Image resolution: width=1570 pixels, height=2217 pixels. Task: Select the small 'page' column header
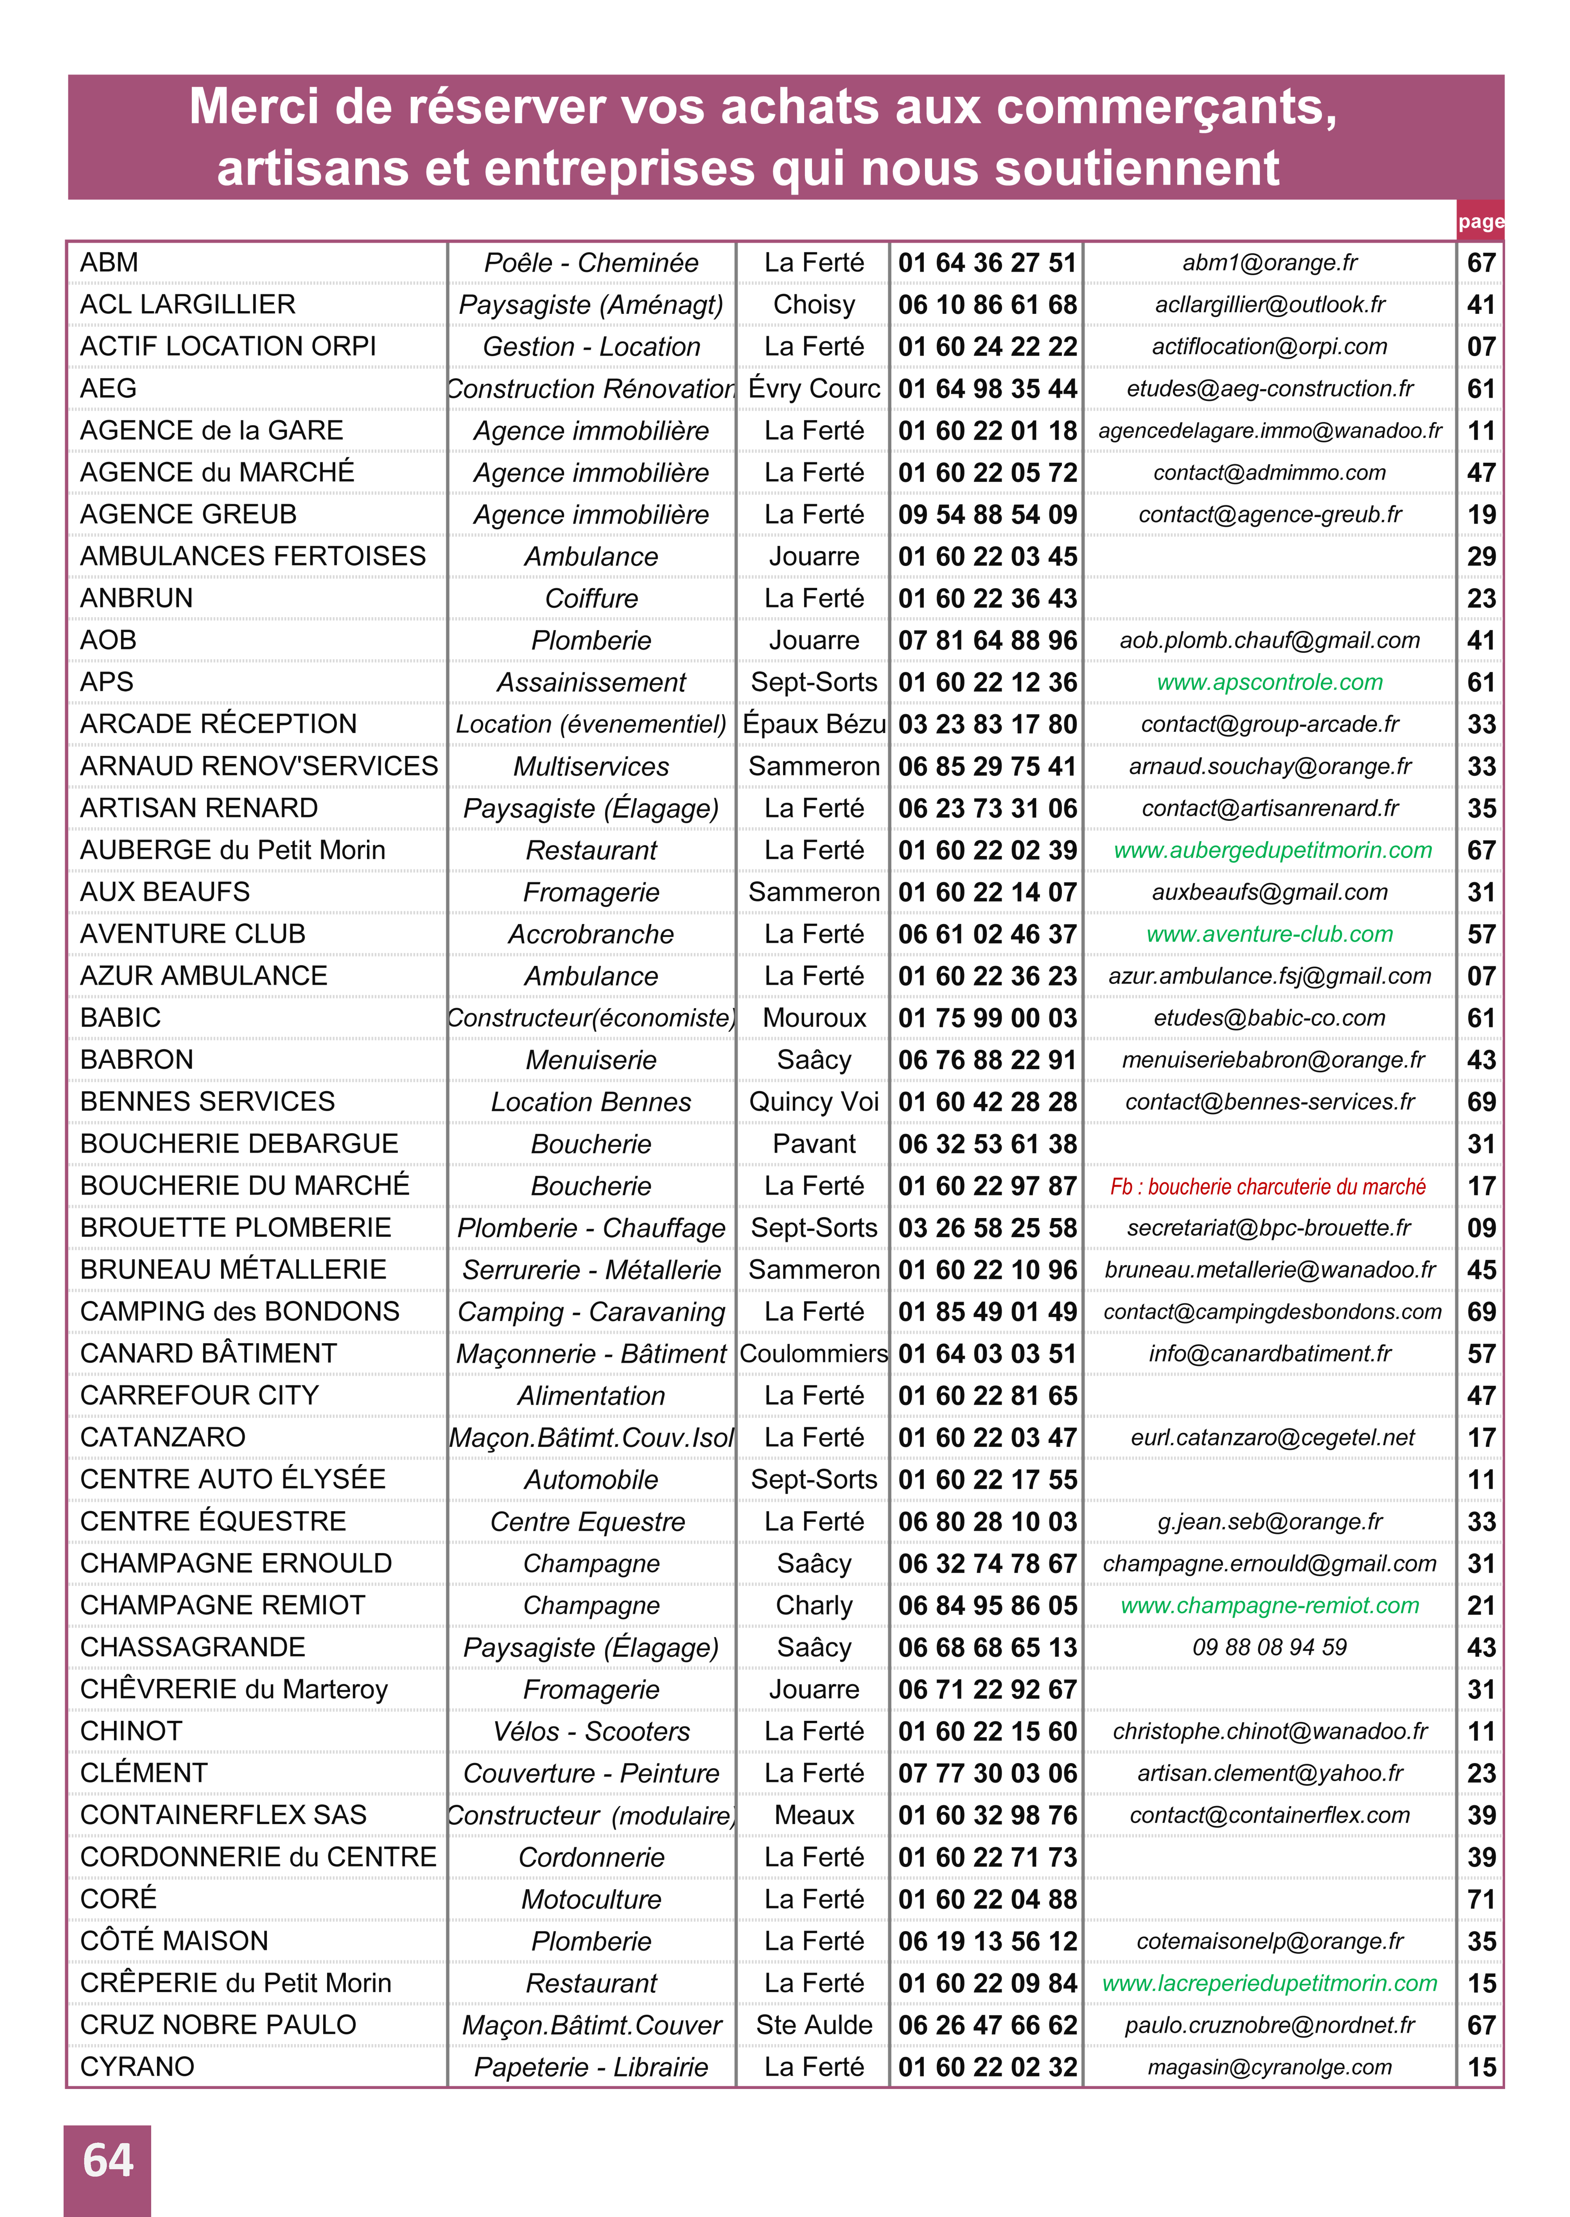[1480, 221]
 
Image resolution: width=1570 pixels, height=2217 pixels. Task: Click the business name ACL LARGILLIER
[188, 305]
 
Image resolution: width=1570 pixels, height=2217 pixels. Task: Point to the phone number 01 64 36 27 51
[986, 263]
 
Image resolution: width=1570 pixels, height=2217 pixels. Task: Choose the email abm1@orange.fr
[1269, 263]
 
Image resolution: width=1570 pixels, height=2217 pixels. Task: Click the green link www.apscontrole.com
[1269, 683]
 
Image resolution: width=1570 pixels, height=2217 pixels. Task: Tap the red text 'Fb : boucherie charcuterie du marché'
[1267, 1186]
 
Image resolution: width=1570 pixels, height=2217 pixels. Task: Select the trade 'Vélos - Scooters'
[591, 1732]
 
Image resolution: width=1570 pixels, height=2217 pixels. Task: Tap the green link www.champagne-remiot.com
[1269, 1606]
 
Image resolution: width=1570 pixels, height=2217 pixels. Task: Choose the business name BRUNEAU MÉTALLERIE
[233, 1269]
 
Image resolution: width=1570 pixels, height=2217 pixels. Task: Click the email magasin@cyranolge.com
[1269, 2067]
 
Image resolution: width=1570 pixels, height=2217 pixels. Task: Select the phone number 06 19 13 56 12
[986, 1941]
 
